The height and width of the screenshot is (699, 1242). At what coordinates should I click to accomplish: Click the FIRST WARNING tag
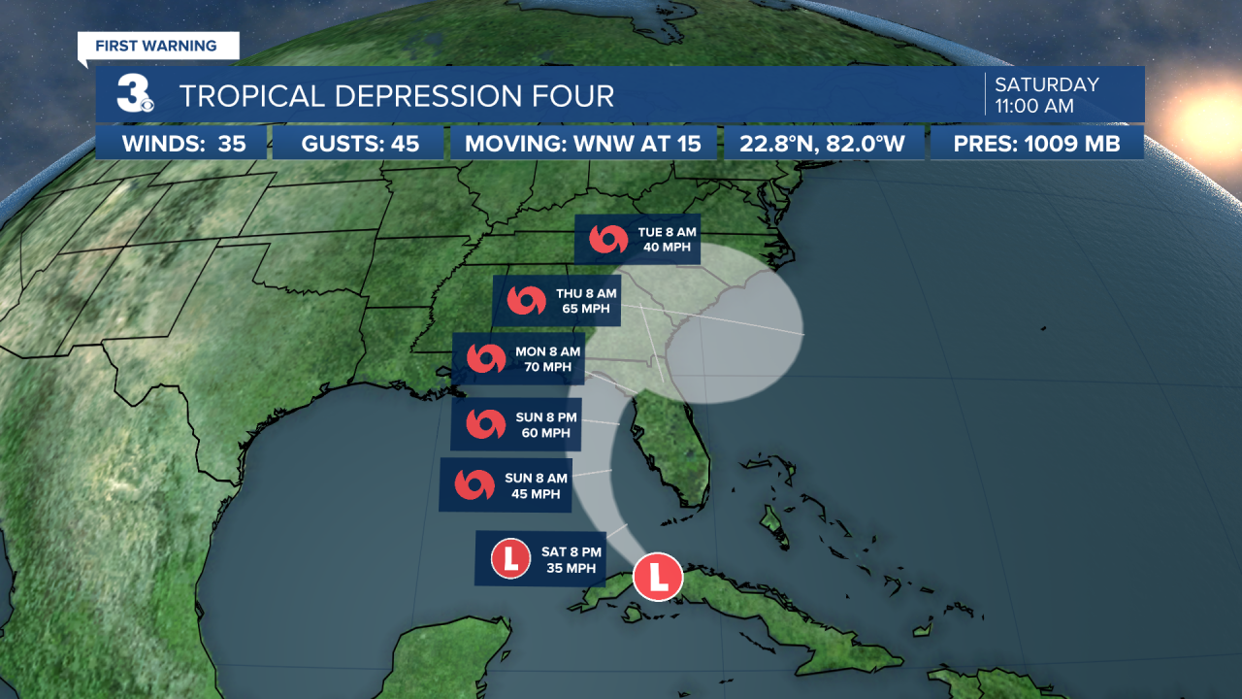click(x=158, y=46)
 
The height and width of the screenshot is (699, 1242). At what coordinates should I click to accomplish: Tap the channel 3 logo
click(x=134, y=95)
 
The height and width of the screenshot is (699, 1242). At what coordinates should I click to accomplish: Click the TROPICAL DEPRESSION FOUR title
click(x=397, y=96)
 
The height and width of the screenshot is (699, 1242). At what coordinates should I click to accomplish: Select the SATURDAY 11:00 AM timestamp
click(x=1046, y=95)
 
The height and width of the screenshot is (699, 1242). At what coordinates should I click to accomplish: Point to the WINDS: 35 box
click(x=182, y=145)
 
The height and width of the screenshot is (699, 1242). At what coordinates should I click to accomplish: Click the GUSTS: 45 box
click(x=360, y=145)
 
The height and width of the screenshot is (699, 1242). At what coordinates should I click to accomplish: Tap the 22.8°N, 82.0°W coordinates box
click(x=823, y=145)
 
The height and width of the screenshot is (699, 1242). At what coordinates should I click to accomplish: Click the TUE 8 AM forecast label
click(x=638, y=240)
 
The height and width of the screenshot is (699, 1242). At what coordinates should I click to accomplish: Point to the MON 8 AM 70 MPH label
click(x=519, y=358)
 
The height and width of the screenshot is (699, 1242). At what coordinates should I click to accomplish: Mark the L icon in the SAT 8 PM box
click(x=510, y=558)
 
